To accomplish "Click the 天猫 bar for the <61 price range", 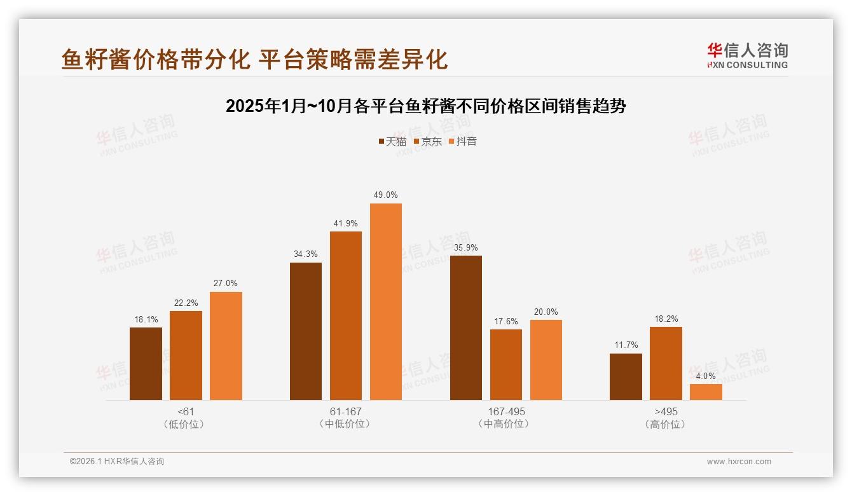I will (x=146, y=364).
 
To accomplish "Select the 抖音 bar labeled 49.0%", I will (x=386, y=302).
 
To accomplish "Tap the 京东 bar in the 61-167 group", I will (x=346, y=316).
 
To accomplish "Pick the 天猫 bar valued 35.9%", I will (x=466, y=328).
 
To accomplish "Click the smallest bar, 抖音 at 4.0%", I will (x=706, y=392).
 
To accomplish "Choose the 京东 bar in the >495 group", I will (x=666, y=364).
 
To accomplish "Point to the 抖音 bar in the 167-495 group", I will (x=546, y=360).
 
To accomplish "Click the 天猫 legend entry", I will (x=392, y=141).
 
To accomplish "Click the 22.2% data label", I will (x=186, y=303).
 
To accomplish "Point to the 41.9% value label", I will (x=346, y=223).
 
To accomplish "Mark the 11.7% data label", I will (x=626, y=345).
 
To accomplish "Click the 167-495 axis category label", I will (x=507, y=411).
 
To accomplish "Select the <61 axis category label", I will (x=186, y=411).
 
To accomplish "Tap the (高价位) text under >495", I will (x=666, y=424).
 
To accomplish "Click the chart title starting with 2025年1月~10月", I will (x=426, y=106).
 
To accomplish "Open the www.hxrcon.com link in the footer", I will (x=739, y=462).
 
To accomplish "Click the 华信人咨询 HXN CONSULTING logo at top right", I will (x=747, y=55).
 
